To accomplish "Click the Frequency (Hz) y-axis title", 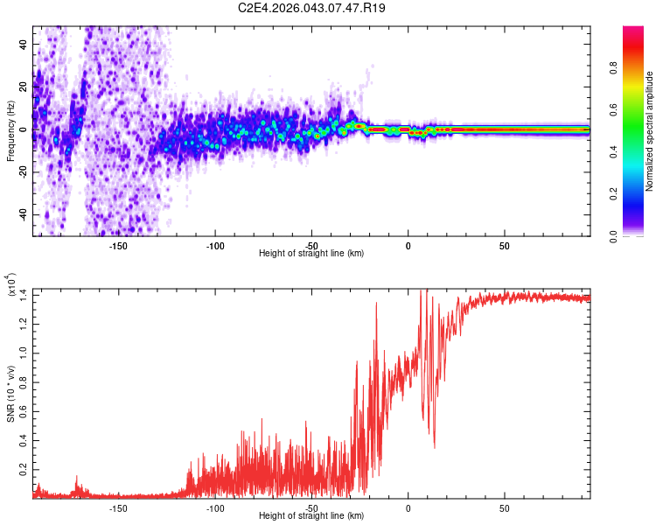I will [10, 130].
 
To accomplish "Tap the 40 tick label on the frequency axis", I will [24, 43].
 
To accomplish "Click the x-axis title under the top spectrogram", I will [311, 254].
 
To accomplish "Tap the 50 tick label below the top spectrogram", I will [505, 246].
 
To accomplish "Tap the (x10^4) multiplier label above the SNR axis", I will [10, 287].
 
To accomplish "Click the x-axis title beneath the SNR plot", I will [311, 516].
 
